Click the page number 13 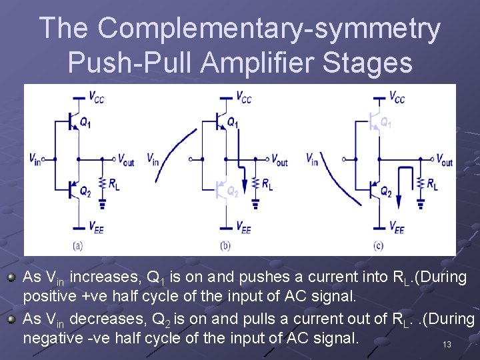[447, 345]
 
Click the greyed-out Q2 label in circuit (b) [232, 192]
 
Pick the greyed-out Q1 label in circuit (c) [385, 123]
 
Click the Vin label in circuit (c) [312, 159]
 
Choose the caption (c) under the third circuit [378, 245]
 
